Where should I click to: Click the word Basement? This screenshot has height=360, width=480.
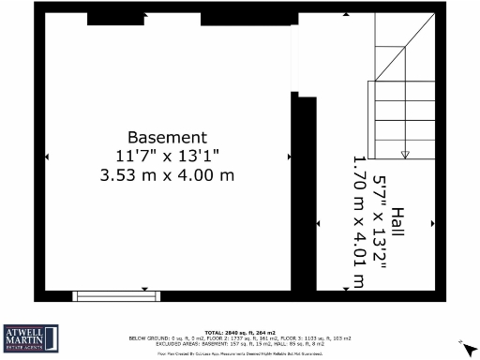pyautogui.click(x=167, y=137)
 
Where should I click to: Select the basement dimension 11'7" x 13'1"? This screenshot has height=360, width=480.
pyautogui.click(x=167, y=156)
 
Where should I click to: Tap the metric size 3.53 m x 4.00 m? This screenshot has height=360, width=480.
pyautogui.click(x=167, y=174)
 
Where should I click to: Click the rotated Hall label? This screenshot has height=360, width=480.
pyautogui.click(x=398, y=223)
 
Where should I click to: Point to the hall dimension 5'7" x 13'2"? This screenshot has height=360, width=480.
pyautogui.click(x=380, y=223)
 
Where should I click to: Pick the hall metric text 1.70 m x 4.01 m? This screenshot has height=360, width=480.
pyautogui.click(x=358, y=223)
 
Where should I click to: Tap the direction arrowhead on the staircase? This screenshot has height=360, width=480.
pyautogui.click(x=405, y=154)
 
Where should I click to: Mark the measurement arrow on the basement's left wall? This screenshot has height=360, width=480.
pyautogui.click(x=48, y=156)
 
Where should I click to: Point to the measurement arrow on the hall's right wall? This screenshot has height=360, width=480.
pyautogui.click(x=432, y=223)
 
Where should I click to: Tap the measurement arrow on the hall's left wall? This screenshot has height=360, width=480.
pyautogui.click(x=320, y=223)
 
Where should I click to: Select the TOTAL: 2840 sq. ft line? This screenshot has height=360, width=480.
pyautogui.click(x=240, y=332)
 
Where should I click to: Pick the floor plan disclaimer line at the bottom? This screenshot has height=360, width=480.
pyautogui.click(x=240, y=353)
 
